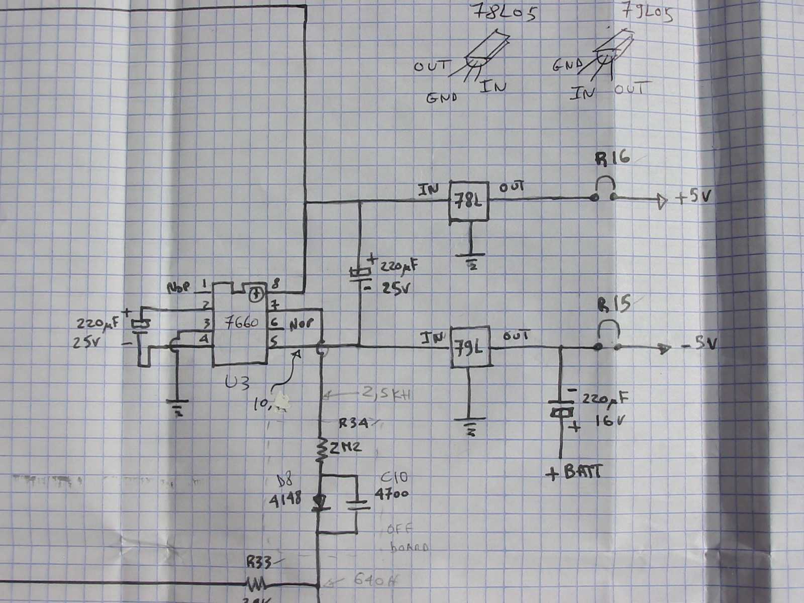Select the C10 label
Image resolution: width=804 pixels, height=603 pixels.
[x=391, y=477]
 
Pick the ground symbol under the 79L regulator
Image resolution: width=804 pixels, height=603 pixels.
[x=470, y=425]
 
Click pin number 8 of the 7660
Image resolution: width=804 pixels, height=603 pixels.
[x=276, y=284]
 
